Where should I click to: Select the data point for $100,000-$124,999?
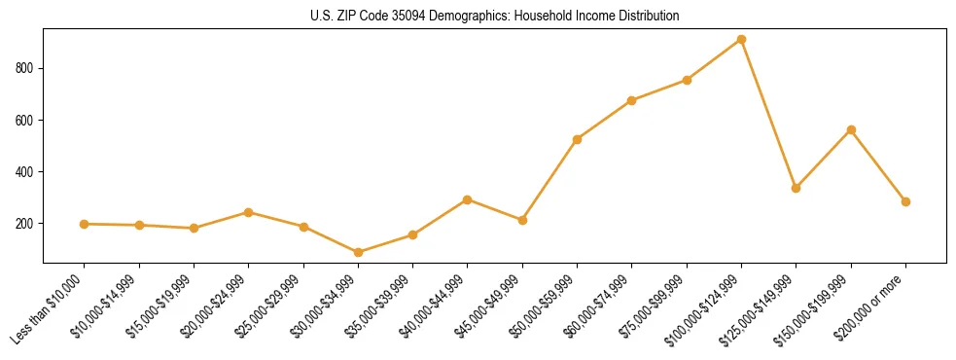(741, 39)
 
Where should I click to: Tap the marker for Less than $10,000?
(85, 224)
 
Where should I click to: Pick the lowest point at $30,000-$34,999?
(358, 252)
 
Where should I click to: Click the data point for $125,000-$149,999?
(796, 188)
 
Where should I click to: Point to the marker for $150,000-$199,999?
(851, 129)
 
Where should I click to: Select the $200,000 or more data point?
(905, 201)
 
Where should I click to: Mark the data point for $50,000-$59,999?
(577, 139)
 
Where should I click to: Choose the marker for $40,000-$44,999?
(468, 199)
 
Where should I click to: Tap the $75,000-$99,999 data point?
(687, 80)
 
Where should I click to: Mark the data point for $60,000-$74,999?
(632, 100)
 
